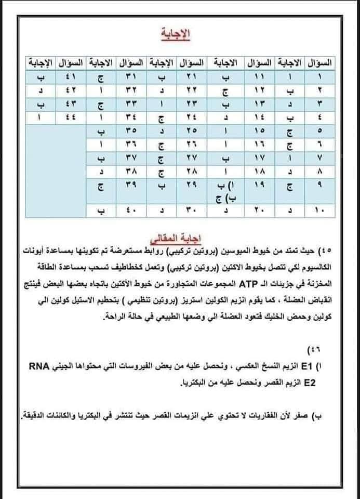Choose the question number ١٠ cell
point(318,211)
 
